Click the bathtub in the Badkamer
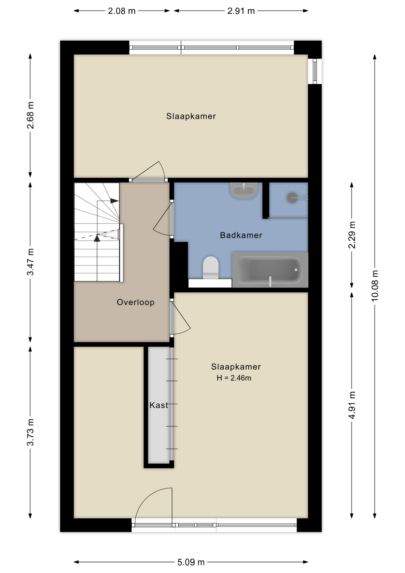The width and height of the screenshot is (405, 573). click(x=270, y=270)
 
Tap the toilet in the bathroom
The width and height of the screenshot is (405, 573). click(x=211, y=267)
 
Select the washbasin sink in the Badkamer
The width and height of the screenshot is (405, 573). click(x=244, y=190)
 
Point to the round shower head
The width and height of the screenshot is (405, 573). click(x=292, y=198)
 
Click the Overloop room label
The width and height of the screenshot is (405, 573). click(x=136, y=302)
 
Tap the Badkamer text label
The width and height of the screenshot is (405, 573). click(x=241, y=235)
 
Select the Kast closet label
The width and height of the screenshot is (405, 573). click(x=159, y=405)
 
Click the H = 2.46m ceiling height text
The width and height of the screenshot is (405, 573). click(x=234, y=378)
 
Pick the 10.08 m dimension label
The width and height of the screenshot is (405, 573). click(x=375, y=286)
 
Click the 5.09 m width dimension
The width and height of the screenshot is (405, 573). click(x=191, y=562)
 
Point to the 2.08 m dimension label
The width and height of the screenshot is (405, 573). click(x=122, y=11)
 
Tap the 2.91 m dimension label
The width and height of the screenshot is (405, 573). click(x=241, y=11)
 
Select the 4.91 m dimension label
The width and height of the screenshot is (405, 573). click(x=352, y=405)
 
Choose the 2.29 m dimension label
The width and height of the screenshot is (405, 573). click(x=352, y=235)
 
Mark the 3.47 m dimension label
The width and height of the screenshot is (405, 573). click(x=30, y=262)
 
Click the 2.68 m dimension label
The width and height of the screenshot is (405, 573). click(x=30, y=115)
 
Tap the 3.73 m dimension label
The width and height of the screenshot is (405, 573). click(x=30, y=432)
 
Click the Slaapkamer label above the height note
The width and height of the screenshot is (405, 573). click(x=236, y=366)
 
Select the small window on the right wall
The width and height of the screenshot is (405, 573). click(x=315, y=71)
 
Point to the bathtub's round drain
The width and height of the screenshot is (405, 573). click(x=296, y=270)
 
